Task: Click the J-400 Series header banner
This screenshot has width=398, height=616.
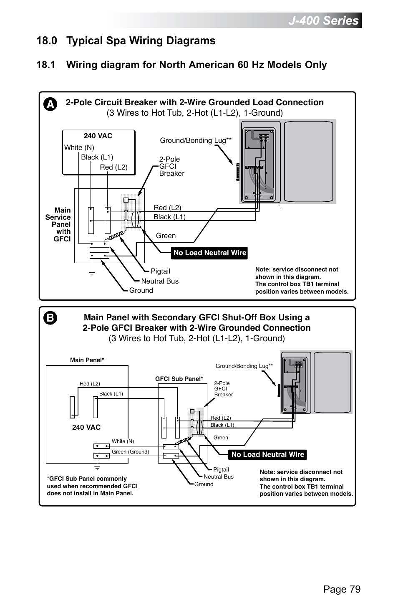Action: (x=323, y=20)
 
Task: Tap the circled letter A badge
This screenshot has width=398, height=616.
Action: (x=50, y=104)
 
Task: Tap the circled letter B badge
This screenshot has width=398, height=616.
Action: (x=50, y=318)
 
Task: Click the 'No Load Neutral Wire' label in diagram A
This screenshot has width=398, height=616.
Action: (x=209, y=253)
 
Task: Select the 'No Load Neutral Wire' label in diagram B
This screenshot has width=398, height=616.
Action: (x=267, y=454)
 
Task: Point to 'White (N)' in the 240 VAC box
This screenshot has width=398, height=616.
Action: (x=79, y=147)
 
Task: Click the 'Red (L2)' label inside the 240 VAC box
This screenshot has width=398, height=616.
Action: (x=113, y=167)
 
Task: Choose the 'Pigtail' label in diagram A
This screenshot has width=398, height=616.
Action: (x=160, y=271)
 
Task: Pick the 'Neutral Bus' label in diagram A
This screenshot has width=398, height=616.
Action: (x=159, y=281)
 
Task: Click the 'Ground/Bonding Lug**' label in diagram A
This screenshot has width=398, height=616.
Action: (x=196, y=140)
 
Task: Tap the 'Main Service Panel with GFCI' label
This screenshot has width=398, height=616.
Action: (x=60, y=224)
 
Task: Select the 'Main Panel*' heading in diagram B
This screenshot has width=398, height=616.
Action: (x=87, y=360)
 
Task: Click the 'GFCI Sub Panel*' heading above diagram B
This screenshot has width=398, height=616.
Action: (x=179, y=379)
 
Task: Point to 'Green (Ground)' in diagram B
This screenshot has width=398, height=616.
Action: (x=130, y=451)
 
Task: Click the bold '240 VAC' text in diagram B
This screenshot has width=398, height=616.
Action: (x=86, y=427)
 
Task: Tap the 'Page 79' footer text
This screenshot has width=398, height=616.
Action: (x=342, y=589)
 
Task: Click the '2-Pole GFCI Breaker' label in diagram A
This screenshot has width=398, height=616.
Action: (x=171, y=166)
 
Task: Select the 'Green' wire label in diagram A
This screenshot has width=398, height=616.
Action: (x=166, y=236)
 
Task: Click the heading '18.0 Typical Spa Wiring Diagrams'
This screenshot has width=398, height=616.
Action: (x=126, y=41)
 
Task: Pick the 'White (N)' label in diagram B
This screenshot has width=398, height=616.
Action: (x=123, y=441)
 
